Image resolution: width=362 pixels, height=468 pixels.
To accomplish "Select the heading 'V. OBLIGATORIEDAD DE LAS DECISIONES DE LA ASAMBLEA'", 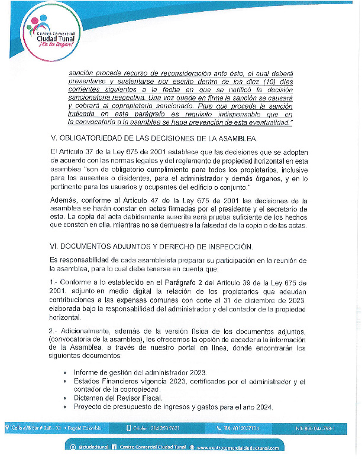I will (154, 139).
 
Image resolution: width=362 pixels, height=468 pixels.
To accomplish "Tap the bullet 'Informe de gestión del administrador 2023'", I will (140, 372).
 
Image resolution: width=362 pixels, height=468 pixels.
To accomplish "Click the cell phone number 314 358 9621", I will (156, 428).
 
